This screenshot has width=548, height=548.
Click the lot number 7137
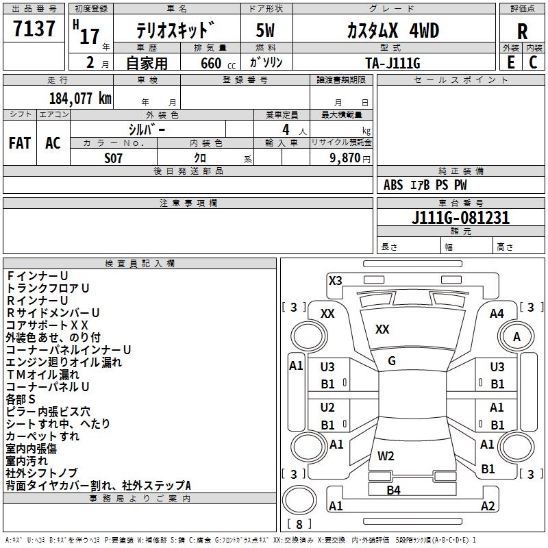click(34, 29)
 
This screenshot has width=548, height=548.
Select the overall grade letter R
click(522, 32)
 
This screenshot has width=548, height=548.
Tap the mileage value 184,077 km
click(80, 99)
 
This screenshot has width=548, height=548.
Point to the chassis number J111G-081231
click(460, 218)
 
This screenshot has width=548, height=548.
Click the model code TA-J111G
click(393, 63)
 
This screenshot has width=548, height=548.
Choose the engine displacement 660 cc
click(218, 63)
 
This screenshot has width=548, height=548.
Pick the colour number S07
click(113, 158)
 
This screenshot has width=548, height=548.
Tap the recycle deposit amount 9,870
click(345, 158)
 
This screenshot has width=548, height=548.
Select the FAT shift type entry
click(20, 143)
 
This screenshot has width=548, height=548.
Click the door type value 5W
click(265, 30)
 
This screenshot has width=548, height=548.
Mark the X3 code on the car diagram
click(335, 280)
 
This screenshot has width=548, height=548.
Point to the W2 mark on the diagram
click(386, 456)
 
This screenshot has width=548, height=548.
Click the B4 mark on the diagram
click(393, 490)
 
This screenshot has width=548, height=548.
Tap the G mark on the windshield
click(392, 361)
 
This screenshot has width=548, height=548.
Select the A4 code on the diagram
click(497, 314)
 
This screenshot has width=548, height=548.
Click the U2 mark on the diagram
click(327, 408)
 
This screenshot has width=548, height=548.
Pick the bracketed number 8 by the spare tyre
click(299, 524)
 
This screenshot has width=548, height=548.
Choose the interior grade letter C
click(533, 62)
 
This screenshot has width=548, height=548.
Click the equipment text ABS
click(393, 185)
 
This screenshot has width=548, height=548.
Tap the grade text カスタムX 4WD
click(393, 31)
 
